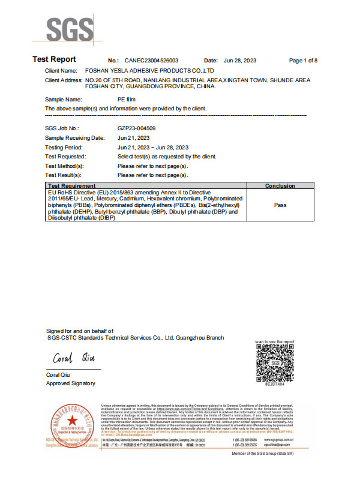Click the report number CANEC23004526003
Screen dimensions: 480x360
tap(152, 61)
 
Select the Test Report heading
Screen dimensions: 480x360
tap(54, 59)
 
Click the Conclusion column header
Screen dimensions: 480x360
tap(280, 186)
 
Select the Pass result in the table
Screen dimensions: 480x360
tap(280, 205)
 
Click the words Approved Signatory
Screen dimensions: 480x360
tap(70, 383)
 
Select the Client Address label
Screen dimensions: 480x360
tap(63, 80)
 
